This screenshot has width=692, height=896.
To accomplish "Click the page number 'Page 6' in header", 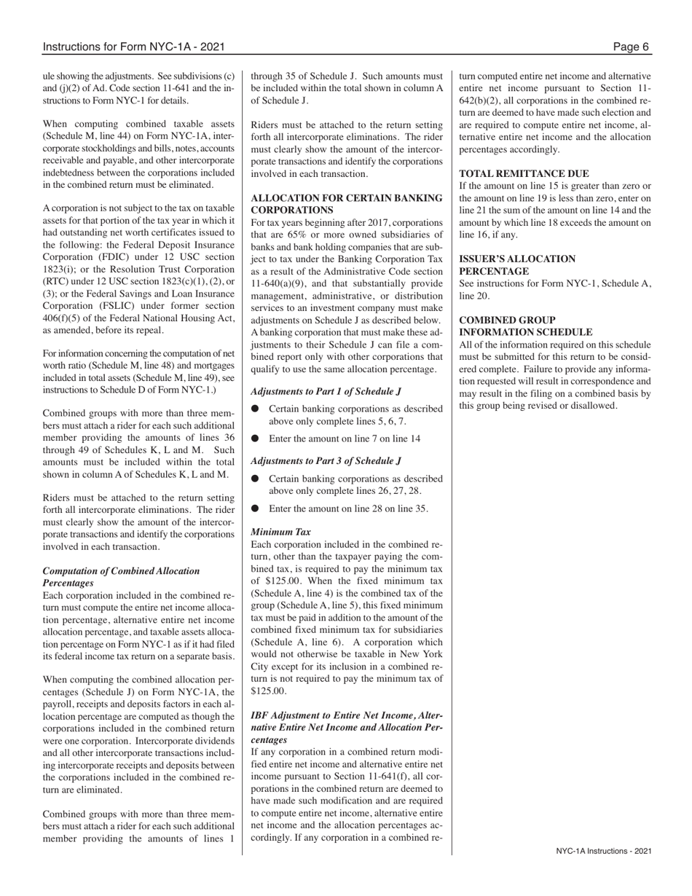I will tap(631, 47).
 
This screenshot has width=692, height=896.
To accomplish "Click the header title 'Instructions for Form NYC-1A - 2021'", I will tap(133, 47).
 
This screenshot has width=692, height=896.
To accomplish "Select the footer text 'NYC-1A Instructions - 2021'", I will tap(603, 850).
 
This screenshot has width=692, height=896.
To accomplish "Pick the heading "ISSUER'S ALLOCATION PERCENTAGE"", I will tap(516, 264).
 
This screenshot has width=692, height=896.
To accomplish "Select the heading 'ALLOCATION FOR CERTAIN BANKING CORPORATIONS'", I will tap(346, 203).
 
